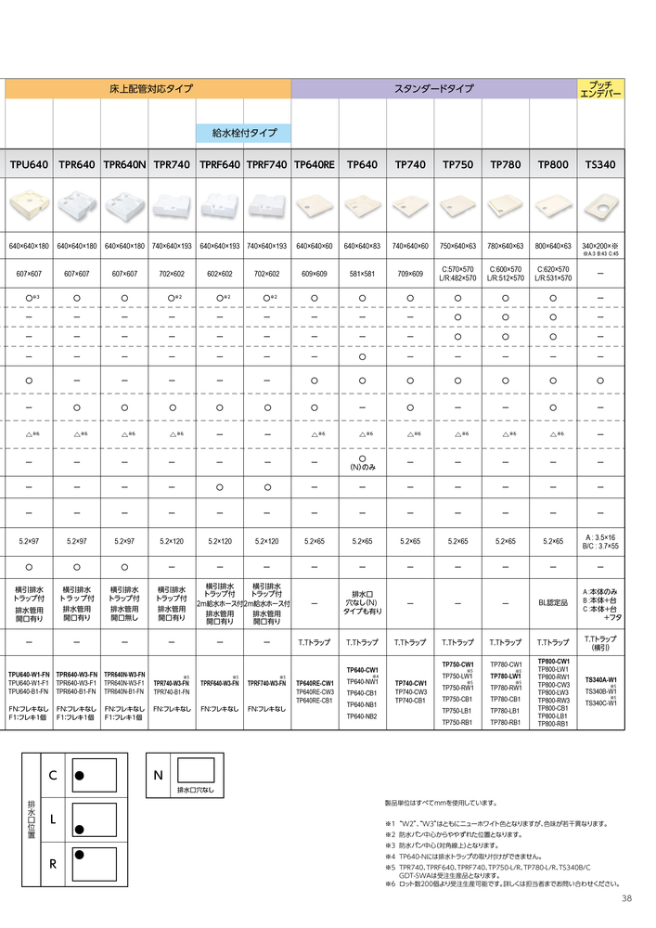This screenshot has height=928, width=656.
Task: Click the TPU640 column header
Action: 29,165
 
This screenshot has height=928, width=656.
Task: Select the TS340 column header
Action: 600,165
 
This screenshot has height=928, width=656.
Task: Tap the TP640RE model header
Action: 315,165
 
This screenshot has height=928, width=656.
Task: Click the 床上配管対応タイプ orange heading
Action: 148,89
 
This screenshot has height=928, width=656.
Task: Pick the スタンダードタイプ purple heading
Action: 434,89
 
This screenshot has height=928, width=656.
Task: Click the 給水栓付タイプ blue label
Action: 243,134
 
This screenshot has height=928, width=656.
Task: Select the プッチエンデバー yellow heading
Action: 601,89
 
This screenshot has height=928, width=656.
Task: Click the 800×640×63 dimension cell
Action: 553,246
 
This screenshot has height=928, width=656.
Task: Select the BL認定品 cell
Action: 553,602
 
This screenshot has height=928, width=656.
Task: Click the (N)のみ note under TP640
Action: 362,467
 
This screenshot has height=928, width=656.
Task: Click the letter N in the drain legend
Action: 159,774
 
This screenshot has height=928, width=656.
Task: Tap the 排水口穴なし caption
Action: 196,790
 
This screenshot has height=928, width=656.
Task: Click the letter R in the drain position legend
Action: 53,864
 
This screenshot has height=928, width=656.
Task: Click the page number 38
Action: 626,898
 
